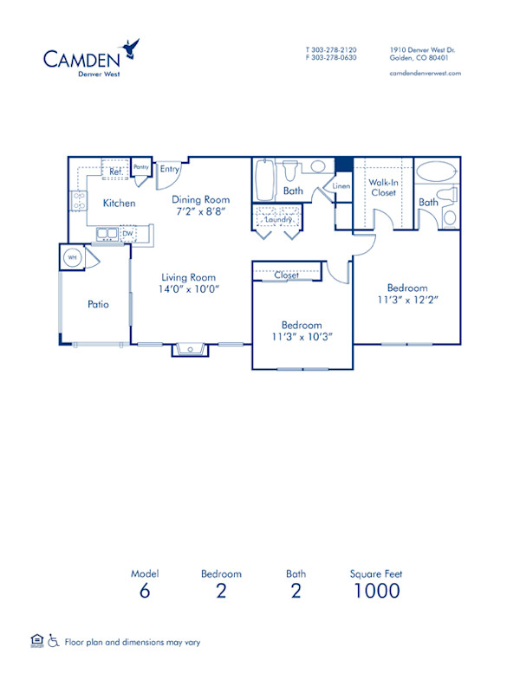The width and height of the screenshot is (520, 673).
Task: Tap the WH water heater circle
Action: click(x=72, y=256)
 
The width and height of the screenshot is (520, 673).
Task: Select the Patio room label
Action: click(x=97, y=304)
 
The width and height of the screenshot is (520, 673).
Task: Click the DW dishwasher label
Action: click(x=127, y=233)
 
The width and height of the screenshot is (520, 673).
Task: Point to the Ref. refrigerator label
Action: click(x=114, y=171)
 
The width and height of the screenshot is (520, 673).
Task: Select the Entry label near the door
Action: click(x=170, y=169)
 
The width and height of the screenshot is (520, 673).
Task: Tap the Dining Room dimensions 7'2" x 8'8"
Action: click(x=200, y=211)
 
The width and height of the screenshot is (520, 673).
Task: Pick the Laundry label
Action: click(x=278, y=220)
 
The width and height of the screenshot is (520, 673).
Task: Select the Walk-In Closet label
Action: click(x=383, y=188)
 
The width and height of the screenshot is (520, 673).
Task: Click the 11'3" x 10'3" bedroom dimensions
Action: click(x=301, y=337)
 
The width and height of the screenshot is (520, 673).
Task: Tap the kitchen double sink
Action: click(x=107, y=232)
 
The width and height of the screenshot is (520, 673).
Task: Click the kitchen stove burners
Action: click(x=79, y=202)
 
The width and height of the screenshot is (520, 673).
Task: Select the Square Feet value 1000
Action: click(x=376, y=591)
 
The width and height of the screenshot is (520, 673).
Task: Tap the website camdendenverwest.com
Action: click(x=426, y=74)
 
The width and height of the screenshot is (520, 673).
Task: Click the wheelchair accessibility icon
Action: click(x=52, y=642)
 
